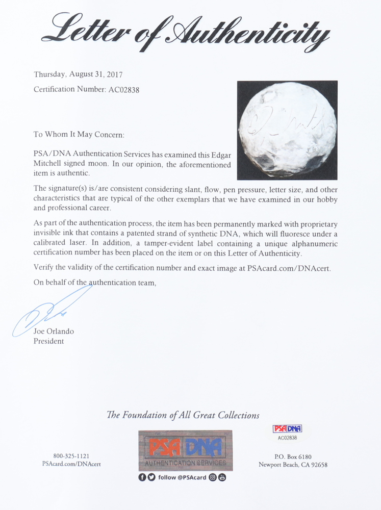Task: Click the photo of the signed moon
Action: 287,130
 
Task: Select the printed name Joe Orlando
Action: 54,331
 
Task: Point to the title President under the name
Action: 49,341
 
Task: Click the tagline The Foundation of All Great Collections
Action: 183,415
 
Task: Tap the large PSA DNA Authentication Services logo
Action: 185,450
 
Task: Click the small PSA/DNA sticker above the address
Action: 287,431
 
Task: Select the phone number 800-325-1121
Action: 67,455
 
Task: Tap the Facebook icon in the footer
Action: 142,477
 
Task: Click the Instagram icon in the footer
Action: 213,477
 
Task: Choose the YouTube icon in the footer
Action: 222,477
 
